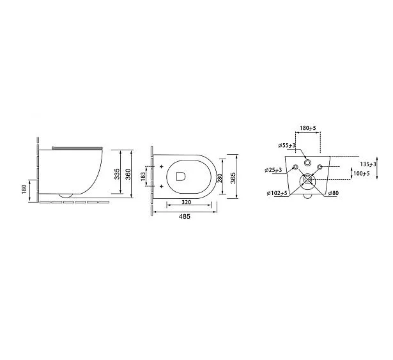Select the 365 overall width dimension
pos(234,176)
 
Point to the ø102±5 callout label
pos(279,192)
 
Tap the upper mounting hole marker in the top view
pos(161,166)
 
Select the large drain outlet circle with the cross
pos(308,180)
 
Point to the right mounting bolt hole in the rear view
pos(321,168)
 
